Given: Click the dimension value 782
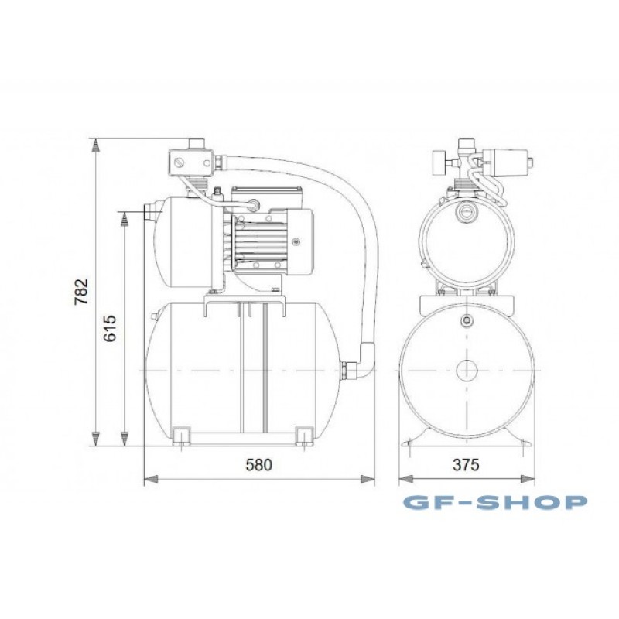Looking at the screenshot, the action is tap(81, 292).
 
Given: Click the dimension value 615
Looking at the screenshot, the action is tap(110, 328).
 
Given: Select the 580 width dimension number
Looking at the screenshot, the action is tap(259, 465).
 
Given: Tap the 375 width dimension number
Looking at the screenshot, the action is tap(466, 465).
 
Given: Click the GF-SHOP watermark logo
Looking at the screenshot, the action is tap(495, 502).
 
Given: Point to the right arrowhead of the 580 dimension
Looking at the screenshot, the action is tap(368, 479).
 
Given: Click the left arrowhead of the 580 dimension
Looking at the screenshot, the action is tap(151, 479).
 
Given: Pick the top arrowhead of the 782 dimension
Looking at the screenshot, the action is tap(95, 145).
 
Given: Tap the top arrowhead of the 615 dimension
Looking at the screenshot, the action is tap(125, 219).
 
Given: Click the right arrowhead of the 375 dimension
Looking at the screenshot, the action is tap(528, 479).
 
